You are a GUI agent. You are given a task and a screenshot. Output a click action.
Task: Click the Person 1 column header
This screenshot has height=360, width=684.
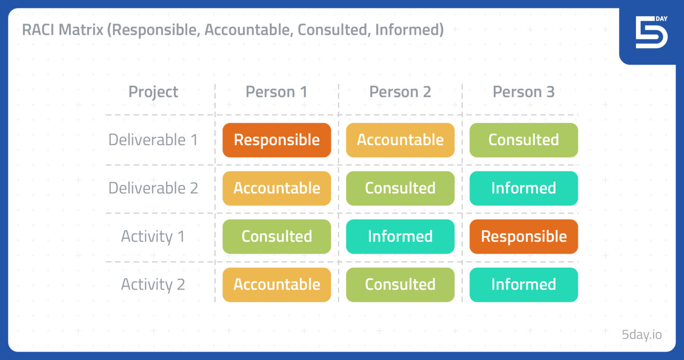[277, 92]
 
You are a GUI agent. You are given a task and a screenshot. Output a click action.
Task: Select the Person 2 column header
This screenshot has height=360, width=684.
[400, 92]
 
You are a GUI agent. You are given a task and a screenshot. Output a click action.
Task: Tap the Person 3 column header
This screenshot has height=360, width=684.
[523, 92]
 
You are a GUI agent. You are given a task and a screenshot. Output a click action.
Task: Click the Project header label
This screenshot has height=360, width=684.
[153, 92]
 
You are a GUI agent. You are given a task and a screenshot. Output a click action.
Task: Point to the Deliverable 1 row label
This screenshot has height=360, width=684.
[153, 140]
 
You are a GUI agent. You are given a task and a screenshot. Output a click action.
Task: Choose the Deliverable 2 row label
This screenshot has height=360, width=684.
[153, 188]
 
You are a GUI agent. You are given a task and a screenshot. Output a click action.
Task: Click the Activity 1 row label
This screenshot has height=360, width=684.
[153, 236]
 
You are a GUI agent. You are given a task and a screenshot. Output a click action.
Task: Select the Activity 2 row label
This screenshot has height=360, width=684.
[153, 284]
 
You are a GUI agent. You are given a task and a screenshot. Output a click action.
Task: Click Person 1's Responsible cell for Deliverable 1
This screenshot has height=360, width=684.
[277, 140]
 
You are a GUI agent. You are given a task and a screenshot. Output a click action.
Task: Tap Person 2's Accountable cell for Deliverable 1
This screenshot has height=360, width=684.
[400, 140]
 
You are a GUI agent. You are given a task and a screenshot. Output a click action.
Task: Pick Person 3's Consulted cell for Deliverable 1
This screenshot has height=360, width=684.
[523, 140]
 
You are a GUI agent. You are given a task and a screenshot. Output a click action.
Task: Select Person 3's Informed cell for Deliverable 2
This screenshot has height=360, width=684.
[523, 188]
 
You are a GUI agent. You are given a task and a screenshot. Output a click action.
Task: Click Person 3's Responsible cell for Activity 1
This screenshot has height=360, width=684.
[523, 236]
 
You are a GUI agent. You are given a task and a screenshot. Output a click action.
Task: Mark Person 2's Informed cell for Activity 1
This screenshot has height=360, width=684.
[400, 236]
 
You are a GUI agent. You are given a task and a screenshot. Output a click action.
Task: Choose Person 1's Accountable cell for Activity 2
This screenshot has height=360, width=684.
[277, 284]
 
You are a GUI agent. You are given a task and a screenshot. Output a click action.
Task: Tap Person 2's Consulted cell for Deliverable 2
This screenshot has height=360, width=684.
[400, 188]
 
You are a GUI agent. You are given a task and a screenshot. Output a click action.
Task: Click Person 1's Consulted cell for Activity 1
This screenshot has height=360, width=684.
[277, 236]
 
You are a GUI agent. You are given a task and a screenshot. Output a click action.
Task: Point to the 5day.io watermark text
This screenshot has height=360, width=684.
[642, 335]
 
